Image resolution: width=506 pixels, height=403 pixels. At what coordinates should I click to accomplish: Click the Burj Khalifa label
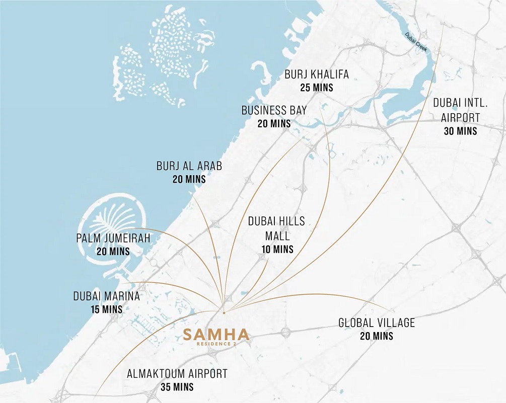[x=316, y=74]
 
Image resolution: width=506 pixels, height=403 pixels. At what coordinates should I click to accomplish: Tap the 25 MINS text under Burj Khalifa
[x=316, y=88]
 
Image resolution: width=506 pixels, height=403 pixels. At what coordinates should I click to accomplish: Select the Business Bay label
[x=274, y=110]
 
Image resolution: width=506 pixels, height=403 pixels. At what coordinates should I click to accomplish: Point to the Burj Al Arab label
[x=189, y=166]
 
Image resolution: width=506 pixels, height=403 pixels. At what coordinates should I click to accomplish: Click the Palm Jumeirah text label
[x=113, y=238]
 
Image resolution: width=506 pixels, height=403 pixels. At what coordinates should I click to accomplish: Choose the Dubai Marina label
[x=106, y=296]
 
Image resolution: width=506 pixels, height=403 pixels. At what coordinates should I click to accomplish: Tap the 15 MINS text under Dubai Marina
[x=106, y=309]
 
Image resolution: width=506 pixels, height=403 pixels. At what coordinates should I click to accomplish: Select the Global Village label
[x=377, y=323]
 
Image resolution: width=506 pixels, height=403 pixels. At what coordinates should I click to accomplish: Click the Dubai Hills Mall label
[x=276, y=228]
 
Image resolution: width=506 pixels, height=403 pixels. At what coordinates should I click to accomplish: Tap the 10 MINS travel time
[x=277, y=249]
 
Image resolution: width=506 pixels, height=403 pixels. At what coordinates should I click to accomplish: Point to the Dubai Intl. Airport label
[x=461, y=110]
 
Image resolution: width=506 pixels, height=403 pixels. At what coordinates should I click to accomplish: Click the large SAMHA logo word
[x=216, y=334]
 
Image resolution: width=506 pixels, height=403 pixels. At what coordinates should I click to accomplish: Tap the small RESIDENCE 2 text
[x=216, y=344]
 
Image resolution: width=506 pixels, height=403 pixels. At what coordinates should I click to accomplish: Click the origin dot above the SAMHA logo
[x=224, y=312]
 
